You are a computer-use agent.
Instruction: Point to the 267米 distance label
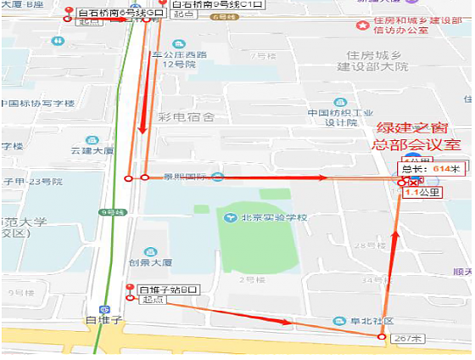pos(410,338)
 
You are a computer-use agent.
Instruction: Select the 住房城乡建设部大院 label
pos(372,59)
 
